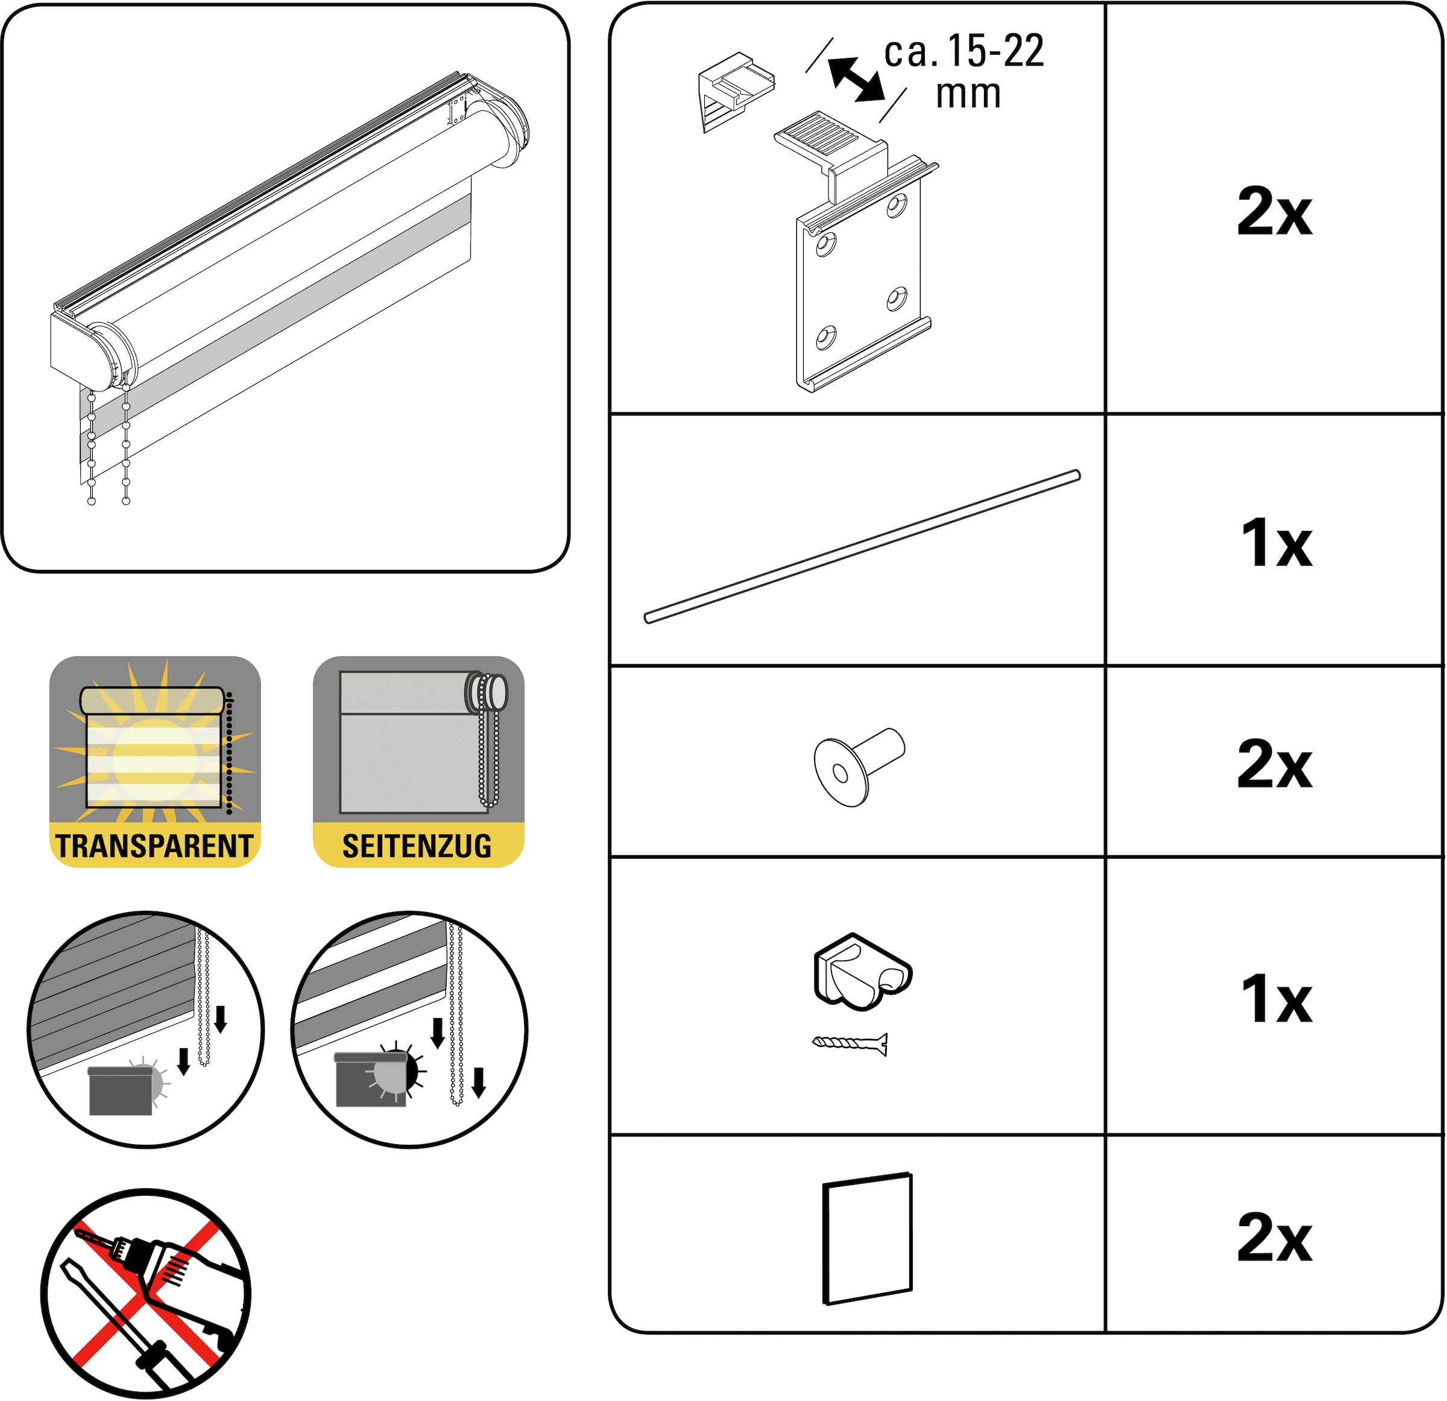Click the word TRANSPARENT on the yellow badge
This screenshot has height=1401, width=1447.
pyautogui.click(x=154, y=846)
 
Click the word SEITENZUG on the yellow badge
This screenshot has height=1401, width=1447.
pyautogui.click(x=417, y=846)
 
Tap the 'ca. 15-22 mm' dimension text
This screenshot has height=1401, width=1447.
pyautogui.click(x=964, y=72)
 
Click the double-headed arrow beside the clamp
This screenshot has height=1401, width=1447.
pyautogui.click(x=856, y=79)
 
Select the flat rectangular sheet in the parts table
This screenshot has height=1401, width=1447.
pyautogui.click(x=868, y=1239)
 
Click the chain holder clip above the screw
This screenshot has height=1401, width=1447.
pyautogui.click(x=862, y=971)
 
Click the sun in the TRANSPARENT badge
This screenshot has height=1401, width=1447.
pyautogui.click(x=154, y=761)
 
